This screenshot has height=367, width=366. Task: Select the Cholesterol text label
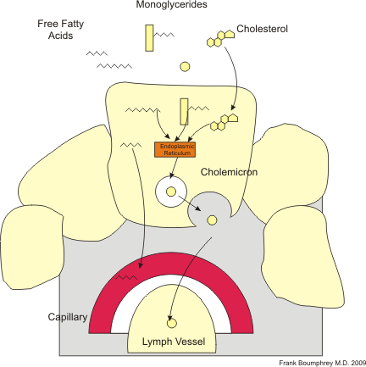262,29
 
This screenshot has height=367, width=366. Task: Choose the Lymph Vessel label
173,343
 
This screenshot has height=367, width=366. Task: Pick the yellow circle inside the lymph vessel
172,323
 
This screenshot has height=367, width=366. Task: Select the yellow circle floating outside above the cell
184,67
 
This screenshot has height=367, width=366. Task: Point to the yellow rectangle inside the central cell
184,112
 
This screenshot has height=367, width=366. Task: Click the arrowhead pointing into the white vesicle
172,176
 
